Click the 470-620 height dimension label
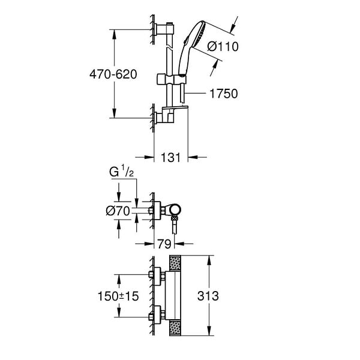pyautogui.click(x=113, y=74)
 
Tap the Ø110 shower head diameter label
pyautogui.click(x=223, y=47)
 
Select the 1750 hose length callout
pyautogui.click(x=224, y=94)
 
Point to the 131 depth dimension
pyautogui.click(x=171, y=157)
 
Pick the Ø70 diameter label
pyautogui.click(x=118, y=211)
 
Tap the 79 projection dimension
pyautogui.click(x=164, y=244)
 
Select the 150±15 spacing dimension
pyautogui.click(x=118, y=296)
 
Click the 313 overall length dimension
pyautogui.click(x=208, y=296)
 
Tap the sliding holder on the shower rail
pyautogui.click(x=171, y=79)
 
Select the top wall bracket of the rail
pyautogui.click(x=164, y=29)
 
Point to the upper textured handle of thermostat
pyautogui.click(x=175, y=263)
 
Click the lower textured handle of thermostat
pyautogui.click(x=175, y=328)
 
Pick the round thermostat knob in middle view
pyautogui.click(x=175, y=209)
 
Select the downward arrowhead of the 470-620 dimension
pyautogui.click(x=115, y=113)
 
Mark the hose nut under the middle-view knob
pyautogui.click(x=175, y=218)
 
